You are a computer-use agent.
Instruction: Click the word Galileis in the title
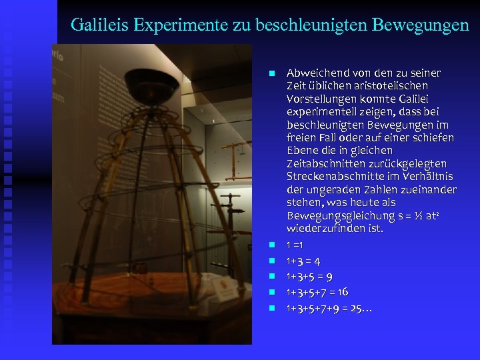click(99, 25)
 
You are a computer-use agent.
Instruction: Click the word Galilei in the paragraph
click(424, 99)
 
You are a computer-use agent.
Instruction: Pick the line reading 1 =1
click(295, 245)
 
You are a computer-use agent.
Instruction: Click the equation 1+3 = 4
click(303, 261)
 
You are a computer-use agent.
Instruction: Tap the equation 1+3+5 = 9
click(309, 277)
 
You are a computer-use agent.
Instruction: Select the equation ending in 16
click(317, 292)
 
